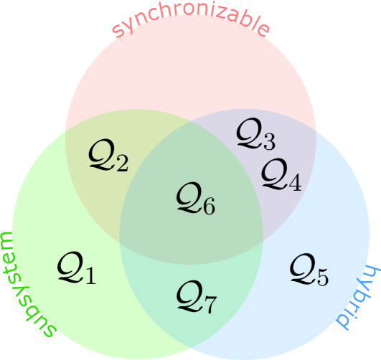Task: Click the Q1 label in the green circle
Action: pyautogui.click(x=76, y=270)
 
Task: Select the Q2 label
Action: pyautogui.click(x=108, y=156)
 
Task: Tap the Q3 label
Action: pyautogui.click(x=255, y=134)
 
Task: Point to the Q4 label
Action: pyautogui.click(x=281, y=175)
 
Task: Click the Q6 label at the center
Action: pyautogui.click(x=195, y=199)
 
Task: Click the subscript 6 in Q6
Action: pyautogui.click(x=207, y=207)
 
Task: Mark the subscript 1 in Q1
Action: pyautogui.click(x=89, y=277)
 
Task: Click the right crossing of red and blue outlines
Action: pyautogui.click(x=315, y=131)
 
